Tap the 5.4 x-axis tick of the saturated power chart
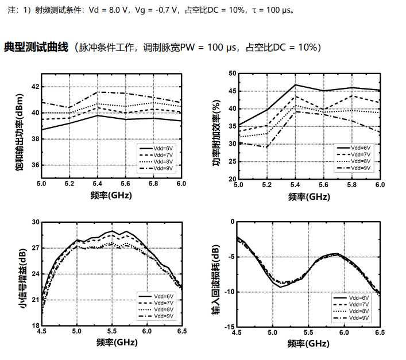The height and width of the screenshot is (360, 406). click(x=97, y=184)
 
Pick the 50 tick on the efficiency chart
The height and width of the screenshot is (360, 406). click(x=232, y=73)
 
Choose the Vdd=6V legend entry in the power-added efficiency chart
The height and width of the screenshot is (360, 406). click(x=361, y=148)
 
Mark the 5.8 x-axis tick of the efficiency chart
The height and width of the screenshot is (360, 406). click(x=351, y=184)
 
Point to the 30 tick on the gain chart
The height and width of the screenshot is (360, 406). click(x=34, y=222)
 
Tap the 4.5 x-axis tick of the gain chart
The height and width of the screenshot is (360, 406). click(x=41, y=331)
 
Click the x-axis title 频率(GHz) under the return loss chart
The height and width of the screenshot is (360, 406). click(x=308, y=343)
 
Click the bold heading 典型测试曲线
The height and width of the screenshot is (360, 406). click(x=36, y=47)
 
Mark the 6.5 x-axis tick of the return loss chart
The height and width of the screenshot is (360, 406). click(x=380, y=331)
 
